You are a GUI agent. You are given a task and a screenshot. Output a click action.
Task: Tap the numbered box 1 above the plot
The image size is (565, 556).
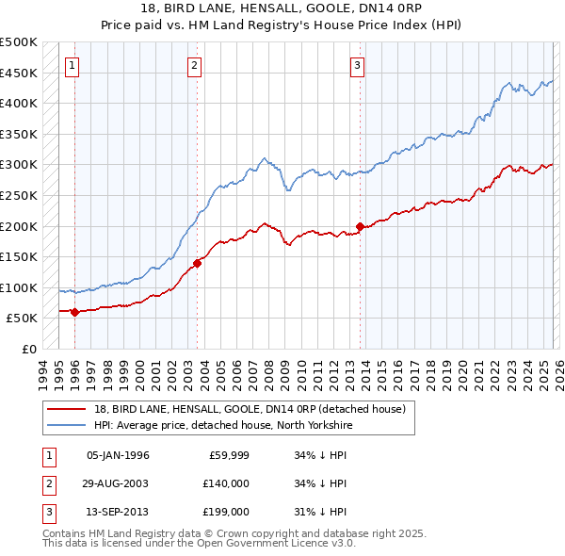[73, 65]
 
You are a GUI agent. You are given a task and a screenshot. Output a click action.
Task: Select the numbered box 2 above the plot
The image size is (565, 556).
[194, 65]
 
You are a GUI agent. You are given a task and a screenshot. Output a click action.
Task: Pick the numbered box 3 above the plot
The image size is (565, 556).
[358, 65]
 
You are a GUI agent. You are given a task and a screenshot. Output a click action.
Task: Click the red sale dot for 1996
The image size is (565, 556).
[75, 312]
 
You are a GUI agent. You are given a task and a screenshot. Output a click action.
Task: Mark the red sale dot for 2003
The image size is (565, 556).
[198, 263]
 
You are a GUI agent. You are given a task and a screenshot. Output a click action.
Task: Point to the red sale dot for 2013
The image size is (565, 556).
[361, 226]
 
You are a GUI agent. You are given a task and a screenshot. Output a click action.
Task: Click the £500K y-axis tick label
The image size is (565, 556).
[19, 42]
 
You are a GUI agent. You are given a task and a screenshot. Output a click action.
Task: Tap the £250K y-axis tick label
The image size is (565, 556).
[19, 195]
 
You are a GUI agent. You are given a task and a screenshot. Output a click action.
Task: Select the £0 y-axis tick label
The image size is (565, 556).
[29, 349]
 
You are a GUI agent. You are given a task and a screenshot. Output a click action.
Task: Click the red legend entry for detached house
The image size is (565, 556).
[250, 409]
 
